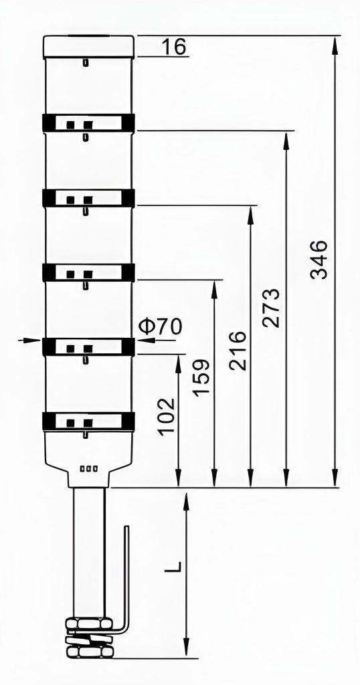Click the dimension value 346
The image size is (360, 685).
coord(319,259)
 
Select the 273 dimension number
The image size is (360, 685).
coord(270,308)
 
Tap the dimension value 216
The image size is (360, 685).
coord(238,351)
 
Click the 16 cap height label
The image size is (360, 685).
coord(174,46)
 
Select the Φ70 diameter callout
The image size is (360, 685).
coord(160,326)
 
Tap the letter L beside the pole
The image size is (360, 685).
coord(173,566)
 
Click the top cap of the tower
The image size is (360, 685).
coord(89,47)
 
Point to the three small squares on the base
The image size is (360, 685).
coord(89,469)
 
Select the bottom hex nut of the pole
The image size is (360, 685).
coord(91,652)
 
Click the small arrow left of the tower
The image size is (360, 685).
coord(32,340)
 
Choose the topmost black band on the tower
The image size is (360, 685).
coord(89,123)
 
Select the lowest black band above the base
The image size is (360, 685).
coord(89,421)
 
